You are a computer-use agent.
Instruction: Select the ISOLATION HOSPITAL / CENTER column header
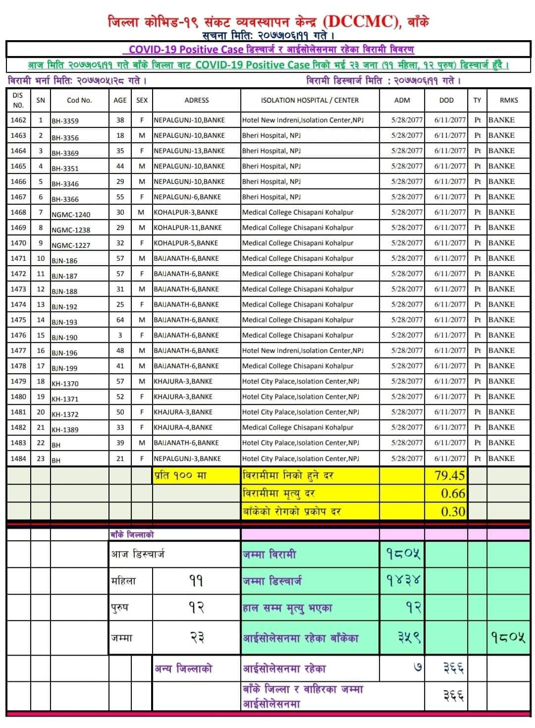[310, 100]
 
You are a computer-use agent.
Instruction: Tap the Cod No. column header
[79, 100]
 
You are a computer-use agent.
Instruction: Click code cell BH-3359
[65, 121]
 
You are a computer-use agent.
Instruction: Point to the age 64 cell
[120, 320]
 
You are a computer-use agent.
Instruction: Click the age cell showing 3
[120, 335]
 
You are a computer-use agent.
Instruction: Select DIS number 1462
[18, 120]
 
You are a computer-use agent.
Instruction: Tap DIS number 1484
[18, 458]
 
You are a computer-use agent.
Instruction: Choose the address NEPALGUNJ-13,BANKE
[189, 151]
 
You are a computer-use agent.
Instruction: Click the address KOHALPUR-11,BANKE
[188, 227]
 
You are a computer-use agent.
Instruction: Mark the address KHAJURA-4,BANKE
[183, 427]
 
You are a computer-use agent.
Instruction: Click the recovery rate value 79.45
[449, 476]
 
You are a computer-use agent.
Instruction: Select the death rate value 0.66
[453, 494]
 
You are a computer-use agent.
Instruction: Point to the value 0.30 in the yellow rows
[453, 511]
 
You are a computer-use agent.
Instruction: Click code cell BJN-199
[64, 368]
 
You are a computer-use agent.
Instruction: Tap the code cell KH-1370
[65, 383]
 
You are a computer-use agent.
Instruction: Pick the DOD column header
[446, 100]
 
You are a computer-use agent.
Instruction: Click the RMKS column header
[509, 100]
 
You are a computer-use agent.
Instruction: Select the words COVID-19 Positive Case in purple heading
[186, 50]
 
